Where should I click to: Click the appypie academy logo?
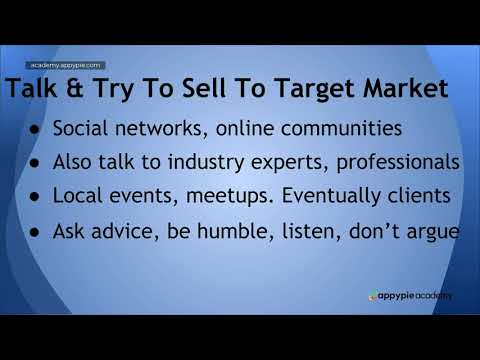pos(410,296)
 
